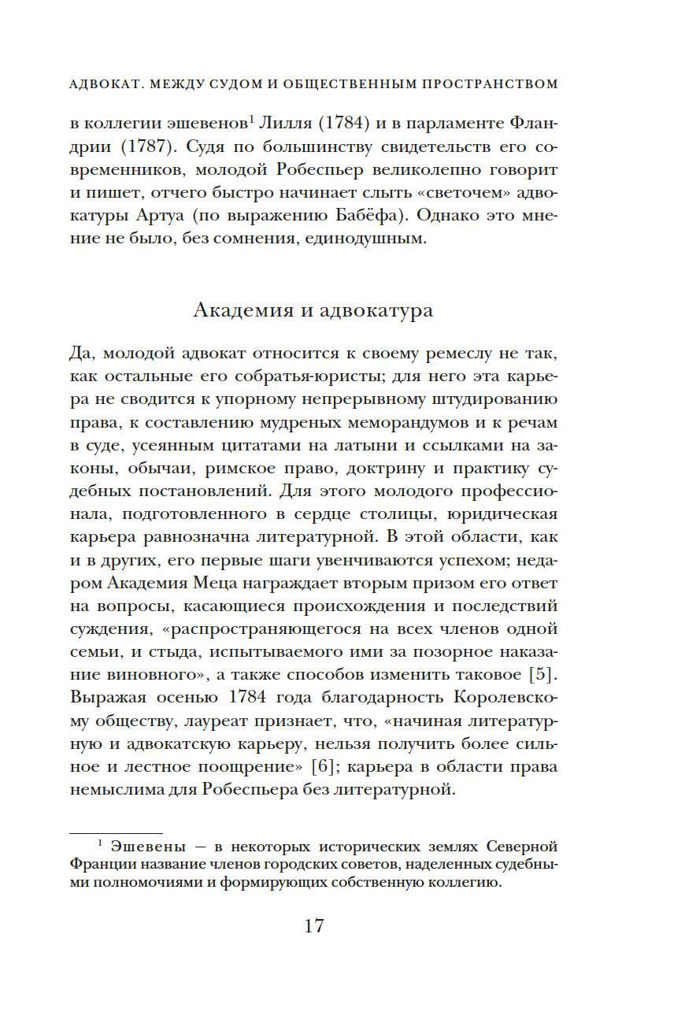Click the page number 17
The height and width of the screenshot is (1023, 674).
coord(313,925)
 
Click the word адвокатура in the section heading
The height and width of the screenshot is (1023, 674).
coord(376,309)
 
